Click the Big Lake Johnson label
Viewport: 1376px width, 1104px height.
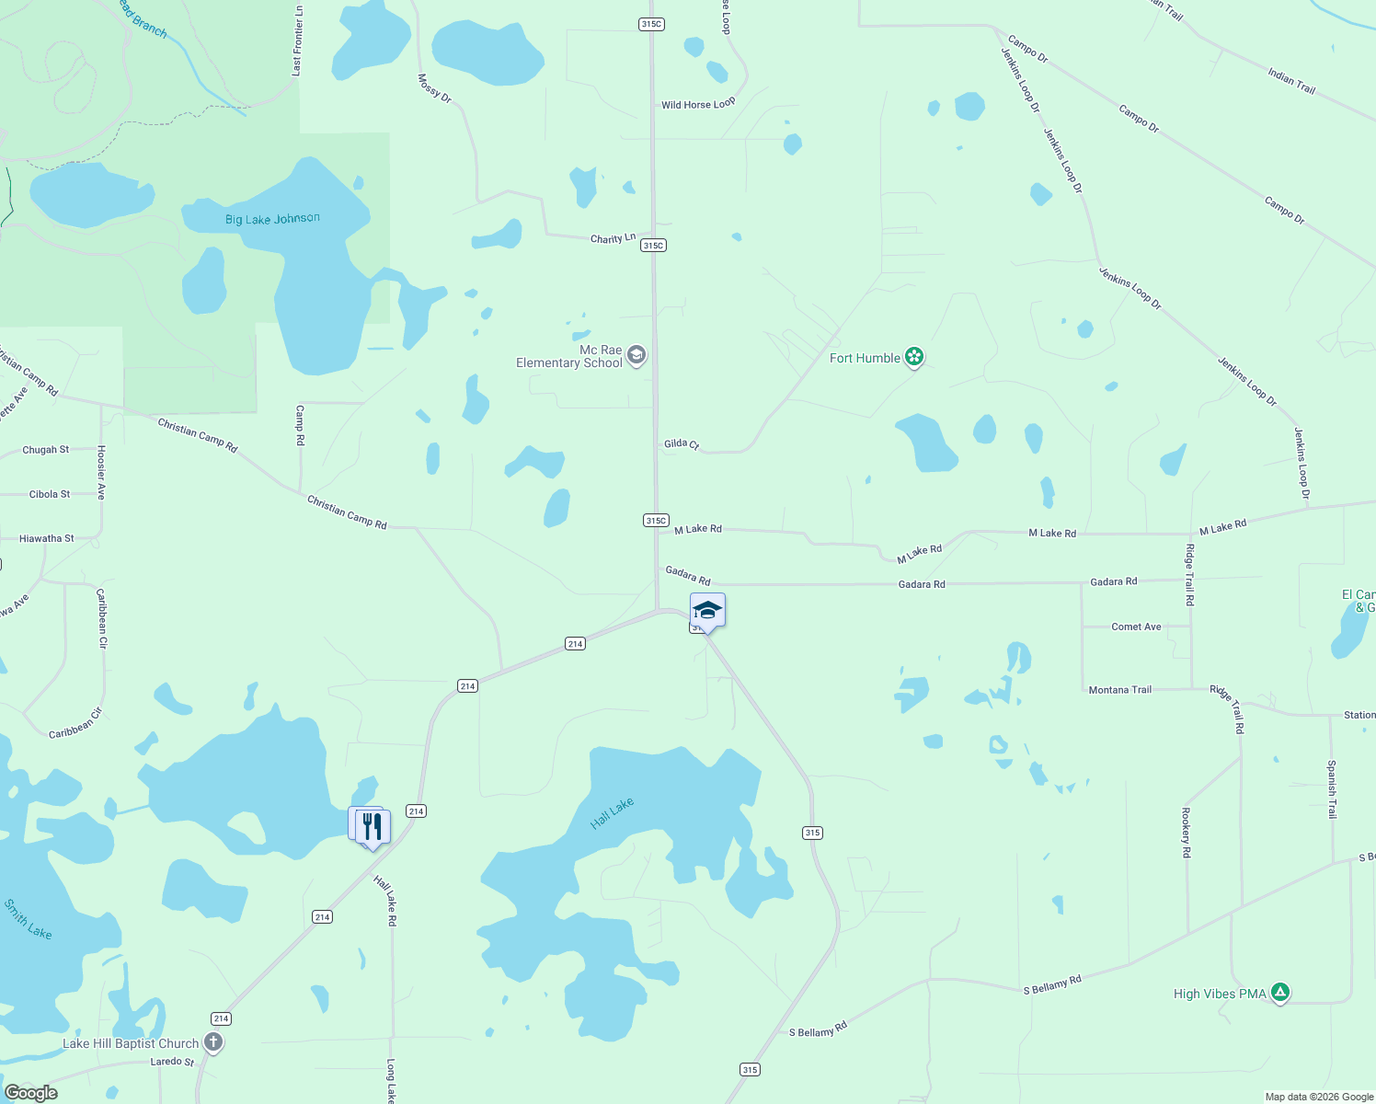(x=272, y=219)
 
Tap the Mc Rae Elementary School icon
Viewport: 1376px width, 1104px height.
(x=636, y=356)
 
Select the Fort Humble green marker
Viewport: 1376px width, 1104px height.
(x=913, y=357)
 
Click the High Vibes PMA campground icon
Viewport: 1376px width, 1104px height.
(x=1279, y=993)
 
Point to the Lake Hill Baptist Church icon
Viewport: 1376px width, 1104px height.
(x=213, y=1042)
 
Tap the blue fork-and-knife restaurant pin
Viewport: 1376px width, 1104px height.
(x=372, y=826)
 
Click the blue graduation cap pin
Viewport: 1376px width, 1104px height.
(x=706, y=610)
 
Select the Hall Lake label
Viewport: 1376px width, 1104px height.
(x=612, y=813)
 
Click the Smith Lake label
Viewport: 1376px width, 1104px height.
(x=28, y=919)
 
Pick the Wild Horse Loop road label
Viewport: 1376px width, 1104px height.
(x=698, y=104)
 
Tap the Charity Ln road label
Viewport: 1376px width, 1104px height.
(x=613, y=238)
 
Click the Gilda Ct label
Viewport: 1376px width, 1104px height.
(x=682, y=443)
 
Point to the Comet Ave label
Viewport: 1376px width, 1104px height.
(x=1136, y=627)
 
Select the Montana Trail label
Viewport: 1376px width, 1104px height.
(x=1119, y=689)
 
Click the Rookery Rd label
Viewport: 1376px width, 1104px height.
(x=1187, y=833)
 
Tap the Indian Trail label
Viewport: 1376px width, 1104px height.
(x=1291, y=81)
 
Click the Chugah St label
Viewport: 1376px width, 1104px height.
(x=46, y=450)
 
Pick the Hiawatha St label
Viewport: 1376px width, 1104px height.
(x=47, y=538)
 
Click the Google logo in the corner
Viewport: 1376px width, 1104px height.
(x=31, y=1092)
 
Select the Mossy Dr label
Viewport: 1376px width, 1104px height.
(x=434, y=88)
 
